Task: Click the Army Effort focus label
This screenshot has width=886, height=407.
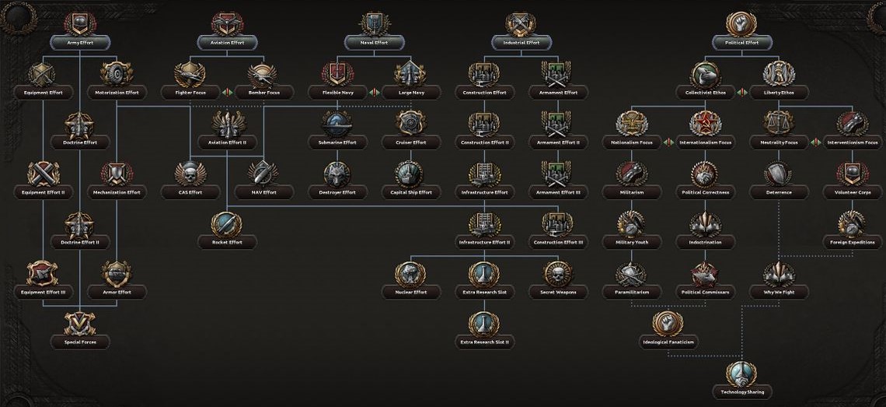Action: pos(80,43)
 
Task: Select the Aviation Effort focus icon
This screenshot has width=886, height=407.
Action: pos(226,23)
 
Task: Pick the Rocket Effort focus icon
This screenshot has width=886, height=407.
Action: pos(226,223)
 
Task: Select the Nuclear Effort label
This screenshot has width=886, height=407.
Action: pos(410,293)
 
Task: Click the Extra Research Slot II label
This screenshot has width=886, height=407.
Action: pos(483,342)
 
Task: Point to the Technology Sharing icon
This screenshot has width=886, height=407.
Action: pos(741,373)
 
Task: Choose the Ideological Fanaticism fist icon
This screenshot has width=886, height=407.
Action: pos(668,323)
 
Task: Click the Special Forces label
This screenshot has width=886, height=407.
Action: pos(80,342)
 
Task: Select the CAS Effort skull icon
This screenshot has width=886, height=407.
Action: pos(190,174)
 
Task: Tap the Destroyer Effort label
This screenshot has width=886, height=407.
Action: pos(337,192)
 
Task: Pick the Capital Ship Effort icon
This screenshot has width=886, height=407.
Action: pos(410,174)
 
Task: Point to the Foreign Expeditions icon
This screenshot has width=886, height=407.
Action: pos(852,223)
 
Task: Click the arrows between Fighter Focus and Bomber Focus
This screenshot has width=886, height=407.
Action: pos(226,93)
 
